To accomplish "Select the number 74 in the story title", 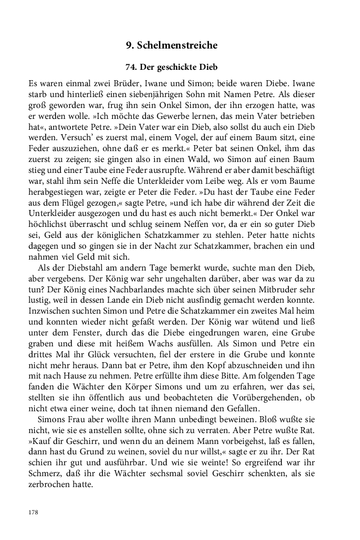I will tap(131, 67).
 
